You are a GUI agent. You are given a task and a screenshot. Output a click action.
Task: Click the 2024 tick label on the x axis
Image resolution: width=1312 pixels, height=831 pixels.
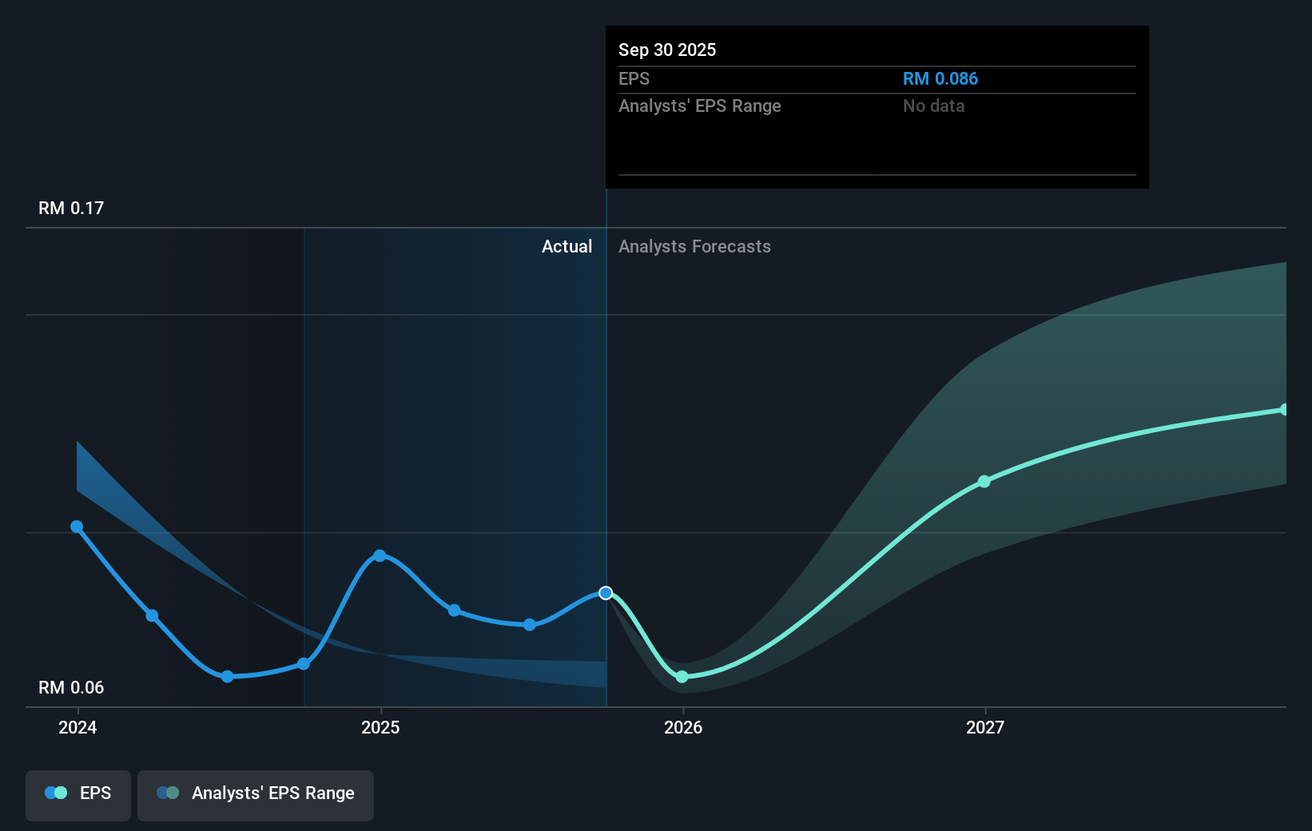(x=78, y=727)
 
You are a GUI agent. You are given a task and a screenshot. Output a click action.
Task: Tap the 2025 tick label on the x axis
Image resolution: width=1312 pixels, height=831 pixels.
(x=380, y=727)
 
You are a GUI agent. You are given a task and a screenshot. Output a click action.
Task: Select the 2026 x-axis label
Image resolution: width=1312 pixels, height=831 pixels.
(x=683, y=727)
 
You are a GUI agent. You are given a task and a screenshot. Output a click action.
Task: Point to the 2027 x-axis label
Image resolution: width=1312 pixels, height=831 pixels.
(x=985, y=727)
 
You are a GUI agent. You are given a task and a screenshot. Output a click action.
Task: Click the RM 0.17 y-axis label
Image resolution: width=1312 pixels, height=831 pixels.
(x=71, y=209)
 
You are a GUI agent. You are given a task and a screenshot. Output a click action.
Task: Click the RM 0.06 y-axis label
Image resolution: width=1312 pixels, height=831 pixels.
(x=71, y=688)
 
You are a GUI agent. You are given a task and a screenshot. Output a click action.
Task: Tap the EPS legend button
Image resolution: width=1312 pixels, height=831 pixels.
(x=78, y=794)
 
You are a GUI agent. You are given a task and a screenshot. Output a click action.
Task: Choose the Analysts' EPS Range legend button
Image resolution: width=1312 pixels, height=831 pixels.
(x=256, y=794)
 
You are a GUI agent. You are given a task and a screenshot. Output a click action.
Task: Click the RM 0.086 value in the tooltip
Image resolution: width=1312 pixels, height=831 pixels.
(x=940, y=79)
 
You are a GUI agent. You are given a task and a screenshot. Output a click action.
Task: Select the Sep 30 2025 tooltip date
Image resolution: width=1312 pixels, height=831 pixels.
(x=667, y=50)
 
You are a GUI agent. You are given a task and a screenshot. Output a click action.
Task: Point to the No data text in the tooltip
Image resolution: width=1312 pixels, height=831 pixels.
(x=933, y=106)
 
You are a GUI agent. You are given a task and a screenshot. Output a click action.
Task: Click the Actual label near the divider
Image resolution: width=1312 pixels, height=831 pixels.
(x=567, y=247)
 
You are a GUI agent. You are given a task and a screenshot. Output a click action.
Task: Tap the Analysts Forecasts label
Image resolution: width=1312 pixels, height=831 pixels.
(x=694, y=247)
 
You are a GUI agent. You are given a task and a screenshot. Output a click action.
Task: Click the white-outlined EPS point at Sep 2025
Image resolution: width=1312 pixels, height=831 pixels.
(x=606, y=593)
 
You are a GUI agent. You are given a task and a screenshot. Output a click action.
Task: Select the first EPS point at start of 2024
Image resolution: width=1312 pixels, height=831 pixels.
(x=77, y=527)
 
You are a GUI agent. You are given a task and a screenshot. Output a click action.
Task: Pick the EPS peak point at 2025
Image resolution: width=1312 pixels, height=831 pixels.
(x=380, y=555)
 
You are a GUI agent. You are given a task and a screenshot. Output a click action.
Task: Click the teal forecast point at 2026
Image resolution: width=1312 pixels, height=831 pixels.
(x=682, y=677)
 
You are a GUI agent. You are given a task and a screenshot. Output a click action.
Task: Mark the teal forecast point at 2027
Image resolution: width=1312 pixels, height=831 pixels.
(x=984, y=482)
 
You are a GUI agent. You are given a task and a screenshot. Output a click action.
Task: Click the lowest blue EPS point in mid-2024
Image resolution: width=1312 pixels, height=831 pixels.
(x=228, y=677)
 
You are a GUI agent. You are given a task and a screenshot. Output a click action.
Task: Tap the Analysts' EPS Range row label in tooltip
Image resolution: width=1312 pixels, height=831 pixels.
(x=699, y=106)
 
